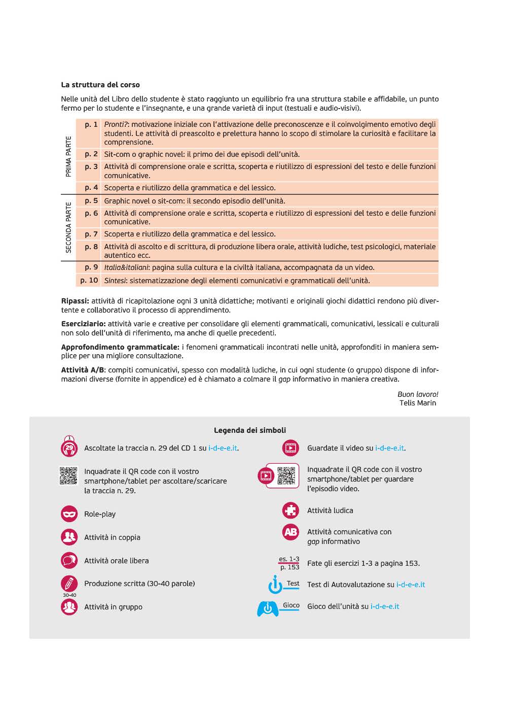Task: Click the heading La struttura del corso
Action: pyautogui.click(x=100, y=85)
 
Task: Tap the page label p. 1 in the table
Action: pyautogui.click(x=91, y=124)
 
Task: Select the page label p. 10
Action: pyautogui.click(x=89, y=280)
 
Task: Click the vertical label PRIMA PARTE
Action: pyautogui.click(x=68, y=156)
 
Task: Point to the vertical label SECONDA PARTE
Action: pyautogui.click(x=68, y=227)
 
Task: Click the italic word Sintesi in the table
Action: pyautogui.click(x=115, y=281)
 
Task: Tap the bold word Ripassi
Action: pyautogui.click(x=75, y=301)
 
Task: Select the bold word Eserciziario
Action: pyautogui.click(x=83, y=324)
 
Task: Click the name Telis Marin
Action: pyautogui.click(x=417, y=403)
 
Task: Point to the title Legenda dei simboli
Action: pyautogui.click(x=249, y=430)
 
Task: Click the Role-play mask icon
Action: pyautogui.click(x=69, y=514)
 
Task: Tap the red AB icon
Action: pyautogui.click(x=291, y=532)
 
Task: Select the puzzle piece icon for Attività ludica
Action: pyautogui.click(x=291, y=510)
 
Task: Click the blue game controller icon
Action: pyautogui.click(x=268, y=608)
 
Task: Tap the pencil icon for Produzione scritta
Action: pyautogui.click(x=69, y=584)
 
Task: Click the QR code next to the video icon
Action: pyautogui.click(x=286, y=475)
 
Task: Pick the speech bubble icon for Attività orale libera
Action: pyautogui.click(x=69, y=561)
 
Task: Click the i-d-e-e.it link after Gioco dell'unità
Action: pyautogui.click(x=385, y=606)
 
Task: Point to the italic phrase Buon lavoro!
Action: pyautogui.click(x=418, y=394)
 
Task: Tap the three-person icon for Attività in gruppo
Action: pyautogui.click(x=69, y=607)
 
